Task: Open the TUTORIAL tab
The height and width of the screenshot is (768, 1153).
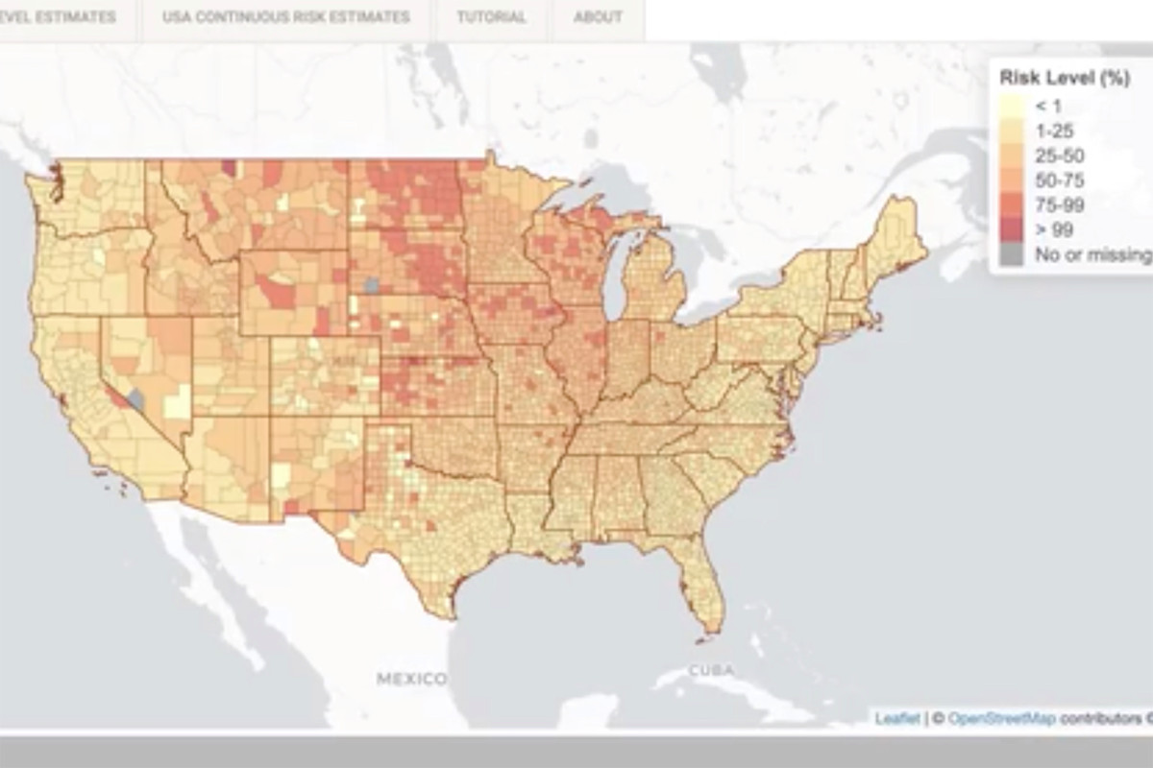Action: (491, 17)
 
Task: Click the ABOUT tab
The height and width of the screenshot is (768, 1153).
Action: (598, 17)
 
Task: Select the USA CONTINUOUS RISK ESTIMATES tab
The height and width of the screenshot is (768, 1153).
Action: (285, 17)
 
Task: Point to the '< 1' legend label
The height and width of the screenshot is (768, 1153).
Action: (1047, 106)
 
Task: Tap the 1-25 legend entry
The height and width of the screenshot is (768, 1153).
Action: (1053, 131)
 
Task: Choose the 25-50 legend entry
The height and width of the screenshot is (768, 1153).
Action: (1057, 156)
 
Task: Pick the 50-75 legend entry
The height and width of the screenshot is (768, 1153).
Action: (1057, 180)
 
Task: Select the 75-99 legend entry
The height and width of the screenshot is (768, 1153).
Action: (1057, 204)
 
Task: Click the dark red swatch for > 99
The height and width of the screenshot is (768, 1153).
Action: (1012, 229)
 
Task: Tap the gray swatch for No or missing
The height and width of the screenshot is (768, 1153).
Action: (1012, 254)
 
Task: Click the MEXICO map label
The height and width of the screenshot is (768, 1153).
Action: (411, 679)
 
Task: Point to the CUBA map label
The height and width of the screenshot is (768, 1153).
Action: (711, 669)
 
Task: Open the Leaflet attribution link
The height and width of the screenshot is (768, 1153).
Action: (895, 718)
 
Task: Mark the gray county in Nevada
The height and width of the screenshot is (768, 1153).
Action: (136, 398)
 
